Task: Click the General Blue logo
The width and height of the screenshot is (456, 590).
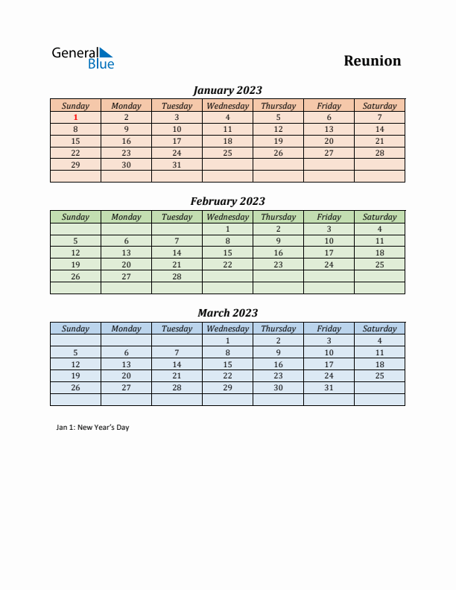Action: click(x=83, y=58)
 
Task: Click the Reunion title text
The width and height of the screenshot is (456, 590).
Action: click(x=372, y=61)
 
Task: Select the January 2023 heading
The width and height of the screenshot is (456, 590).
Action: click(x=227, y=90)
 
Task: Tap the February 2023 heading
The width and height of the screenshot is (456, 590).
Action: click(x=227, y=201)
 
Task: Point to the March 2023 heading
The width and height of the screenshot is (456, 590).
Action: click(x=227, y=313)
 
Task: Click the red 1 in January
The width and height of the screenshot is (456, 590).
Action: click(x=75, y=117)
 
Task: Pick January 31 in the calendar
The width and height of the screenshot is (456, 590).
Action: click(x=177, y=165)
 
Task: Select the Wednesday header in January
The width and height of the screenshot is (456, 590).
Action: click(x=227, y=106)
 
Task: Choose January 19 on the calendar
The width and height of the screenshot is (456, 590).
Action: click(x=278, y=141)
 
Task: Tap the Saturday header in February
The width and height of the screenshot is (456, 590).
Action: click(x=379, y=217)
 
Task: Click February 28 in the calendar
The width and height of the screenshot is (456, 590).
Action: click(x=177, y=276)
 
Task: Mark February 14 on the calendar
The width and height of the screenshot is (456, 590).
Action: click(x=177, y=253)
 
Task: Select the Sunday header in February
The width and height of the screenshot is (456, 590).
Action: click(x=75, y=217)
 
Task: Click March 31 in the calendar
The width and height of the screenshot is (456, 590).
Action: click(x=329, y=388)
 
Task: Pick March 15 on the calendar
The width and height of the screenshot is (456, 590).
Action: click(x=227, y=364)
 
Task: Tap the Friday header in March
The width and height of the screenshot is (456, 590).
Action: click(x=329, y=329)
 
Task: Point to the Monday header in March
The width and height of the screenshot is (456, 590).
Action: click(x=126, y=329)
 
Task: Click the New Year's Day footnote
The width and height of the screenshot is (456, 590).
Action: click(x=92, y=428)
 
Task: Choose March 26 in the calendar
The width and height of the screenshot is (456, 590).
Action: click(x=75, y=388)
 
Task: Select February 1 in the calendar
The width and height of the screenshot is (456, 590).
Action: click(x=227, y=229)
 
